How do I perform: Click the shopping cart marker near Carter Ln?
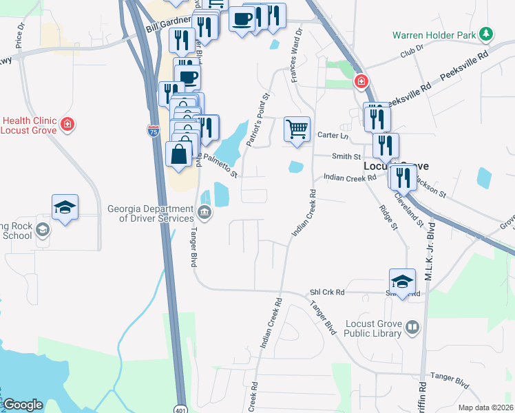click(297, 129)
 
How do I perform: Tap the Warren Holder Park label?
click(436, 34)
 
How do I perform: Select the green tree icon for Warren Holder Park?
click(487, 33)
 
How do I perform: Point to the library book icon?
click(412, 328)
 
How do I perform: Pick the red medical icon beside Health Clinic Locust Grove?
click(67, 124)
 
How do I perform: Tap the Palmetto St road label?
click(220, 168)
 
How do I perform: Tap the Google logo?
click(23, 405)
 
